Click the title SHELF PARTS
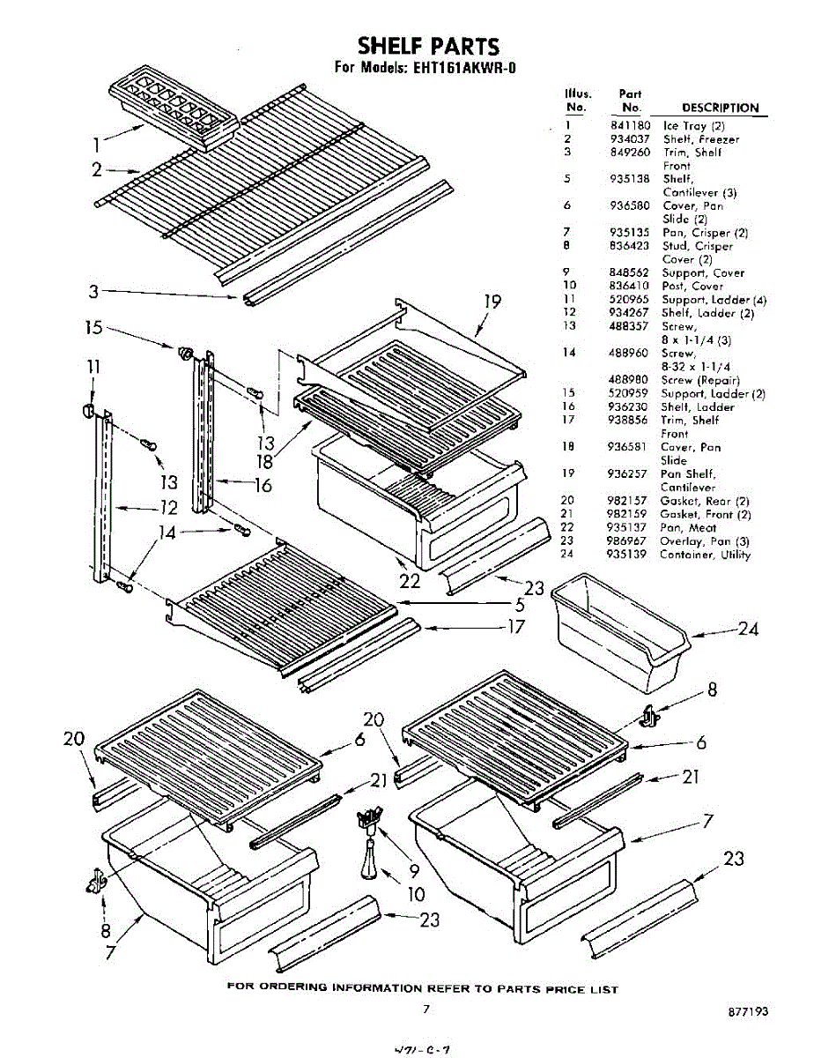click(428, 45)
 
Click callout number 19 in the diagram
click(492, 302)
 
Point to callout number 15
click(94, 327)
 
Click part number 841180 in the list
click(630, 126)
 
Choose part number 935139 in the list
click(630, 555)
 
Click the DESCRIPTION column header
click(720, 108)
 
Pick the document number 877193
click(749, 1012)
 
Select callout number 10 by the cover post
click(417, 893)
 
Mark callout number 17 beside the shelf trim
click(515, 627)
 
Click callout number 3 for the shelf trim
click(92, 291)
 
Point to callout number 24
click(748, 629)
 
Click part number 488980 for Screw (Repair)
click(630, 380)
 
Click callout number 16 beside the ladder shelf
click(263, 484)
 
